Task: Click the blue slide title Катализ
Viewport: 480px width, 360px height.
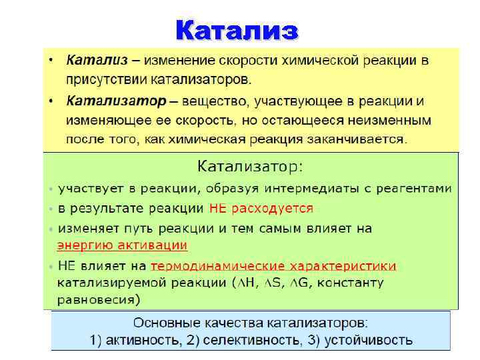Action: tap(238, 31)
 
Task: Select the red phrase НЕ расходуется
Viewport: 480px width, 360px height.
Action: tap(261, 208)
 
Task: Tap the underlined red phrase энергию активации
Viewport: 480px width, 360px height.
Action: tap(123, 245)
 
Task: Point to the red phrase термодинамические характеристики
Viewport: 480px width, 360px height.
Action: tap(273, 266)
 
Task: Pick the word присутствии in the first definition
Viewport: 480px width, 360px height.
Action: tap(101, 80)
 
